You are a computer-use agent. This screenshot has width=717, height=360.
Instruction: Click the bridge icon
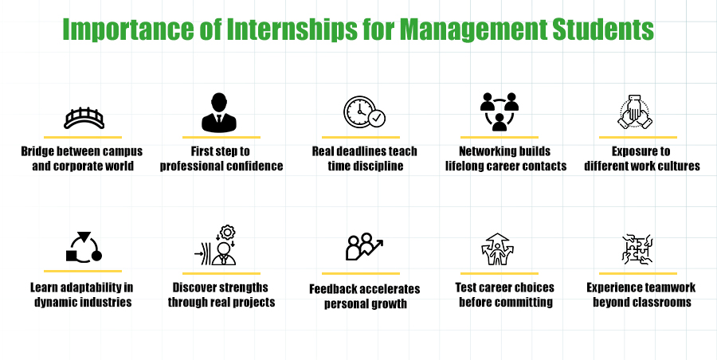click(x=84, y=118)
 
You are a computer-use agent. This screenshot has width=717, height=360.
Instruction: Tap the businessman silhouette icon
click(x=219, y=112)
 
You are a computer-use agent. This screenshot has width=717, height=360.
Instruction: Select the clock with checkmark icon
click(x=364, y=112)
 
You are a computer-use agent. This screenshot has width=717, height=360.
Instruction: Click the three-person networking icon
click(x=500, y=112)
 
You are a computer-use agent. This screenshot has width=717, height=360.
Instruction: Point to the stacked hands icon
click(x=635, y=112)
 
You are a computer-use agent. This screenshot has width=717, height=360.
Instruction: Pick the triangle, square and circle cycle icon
click(x=84, y=248)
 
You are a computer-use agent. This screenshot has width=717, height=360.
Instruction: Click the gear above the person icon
click(x=227, y=233)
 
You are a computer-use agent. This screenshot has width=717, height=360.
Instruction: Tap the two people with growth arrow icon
click(x=364, y=247)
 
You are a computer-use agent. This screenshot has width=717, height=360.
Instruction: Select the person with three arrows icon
click(x=497, y=248)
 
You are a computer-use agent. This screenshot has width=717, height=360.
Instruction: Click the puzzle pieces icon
click(x=637, y=248)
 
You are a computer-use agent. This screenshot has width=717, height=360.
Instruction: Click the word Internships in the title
click(x=292, y=29)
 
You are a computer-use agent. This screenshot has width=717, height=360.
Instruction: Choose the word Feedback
click(x=332, y=289)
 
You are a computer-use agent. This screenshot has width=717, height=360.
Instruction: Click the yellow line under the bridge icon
click(x=83, y=137)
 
